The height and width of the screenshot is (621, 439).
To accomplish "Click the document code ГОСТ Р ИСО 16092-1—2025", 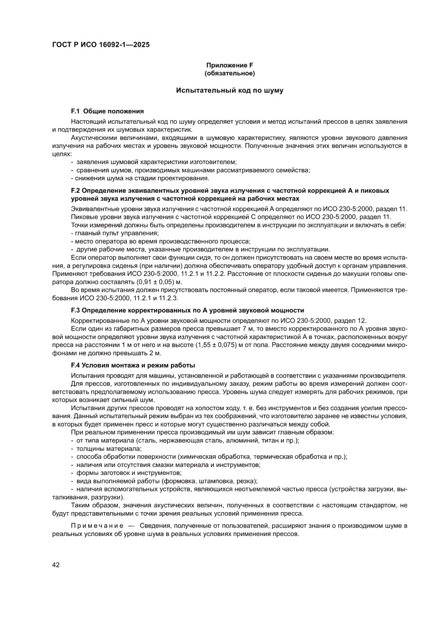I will (x=101, y=45).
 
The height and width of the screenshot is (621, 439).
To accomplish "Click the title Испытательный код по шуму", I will (x=230, y=91).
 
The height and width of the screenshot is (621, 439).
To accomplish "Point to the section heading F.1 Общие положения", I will (x=107, y=112).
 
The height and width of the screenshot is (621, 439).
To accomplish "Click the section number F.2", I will (x=75, y=190).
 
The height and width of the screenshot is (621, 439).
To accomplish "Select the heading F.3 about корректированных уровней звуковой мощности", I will (x=187, y=310).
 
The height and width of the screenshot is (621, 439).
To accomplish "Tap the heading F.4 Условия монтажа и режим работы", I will (x=133, y=365).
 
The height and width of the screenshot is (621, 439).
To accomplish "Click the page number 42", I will (x=56, y=565).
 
